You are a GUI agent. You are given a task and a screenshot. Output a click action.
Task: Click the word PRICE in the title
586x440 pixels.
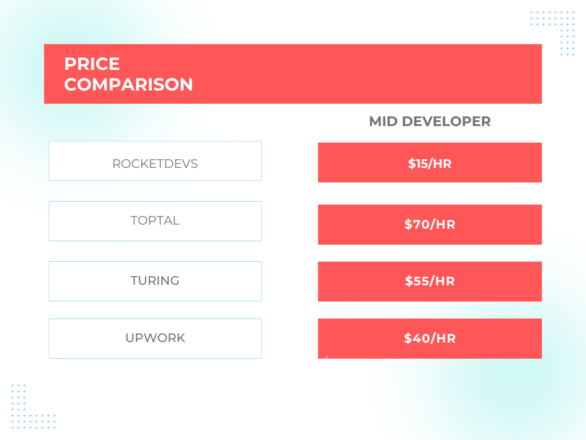(92, 64)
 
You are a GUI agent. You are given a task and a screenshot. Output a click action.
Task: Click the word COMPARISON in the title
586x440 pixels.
(128, 85)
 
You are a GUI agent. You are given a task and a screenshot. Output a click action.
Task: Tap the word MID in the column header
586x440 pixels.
(383, 121)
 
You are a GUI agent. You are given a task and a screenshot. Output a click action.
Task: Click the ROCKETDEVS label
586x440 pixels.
(155, 164)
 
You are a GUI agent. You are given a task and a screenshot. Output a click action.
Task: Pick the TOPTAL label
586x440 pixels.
(155, 221)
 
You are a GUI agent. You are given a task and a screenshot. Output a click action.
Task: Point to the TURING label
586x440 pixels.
(155, 281)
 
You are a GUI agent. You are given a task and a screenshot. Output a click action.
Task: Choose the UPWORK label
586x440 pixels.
(155, 338)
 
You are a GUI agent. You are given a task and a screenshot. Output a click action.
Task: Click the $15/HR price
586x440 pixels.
(430, 164)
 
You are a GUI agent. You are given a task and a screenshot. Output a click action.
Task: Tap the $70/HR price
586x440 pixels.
(430, 225)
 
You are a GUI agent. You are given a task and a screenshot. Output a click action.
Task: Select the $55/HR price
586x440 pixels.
(430, 281)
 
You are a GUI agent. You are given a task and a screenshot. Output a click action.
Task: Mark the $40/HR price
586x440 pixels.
(430, 339)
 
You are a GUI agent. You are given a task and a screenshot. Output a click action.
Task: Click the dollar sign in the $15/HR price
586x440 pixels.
(411, 164)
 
